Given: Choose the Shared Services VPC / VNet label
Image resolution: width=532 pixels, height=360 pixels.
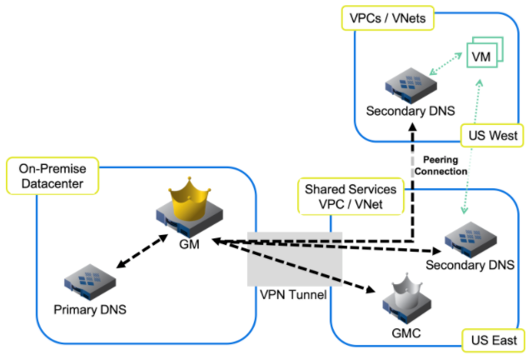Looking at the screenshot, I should click(350, 196).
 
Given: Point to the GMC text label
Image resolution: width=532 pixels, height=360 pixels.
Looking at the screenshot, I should click(405, 333).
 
